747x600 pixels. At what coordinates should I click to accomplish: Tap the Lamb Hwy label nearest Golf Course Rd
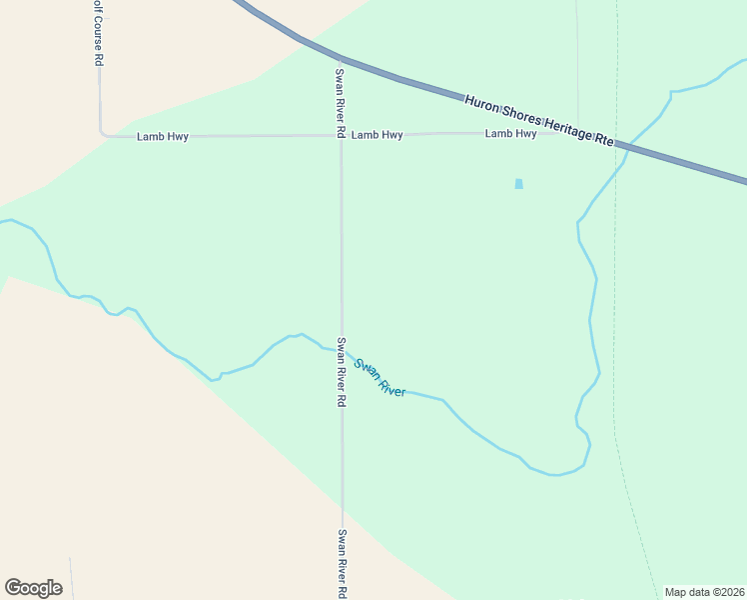pos(162,136)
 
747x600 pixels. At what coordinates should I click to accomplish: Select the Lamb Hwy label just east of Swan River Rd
pos(376,134)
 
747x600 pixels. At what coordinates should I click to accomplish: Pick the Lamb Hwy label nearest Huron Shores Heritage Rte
pos(510,133)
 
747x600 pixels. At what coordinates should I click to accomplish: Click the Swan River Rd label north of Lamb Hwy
pos(341,102)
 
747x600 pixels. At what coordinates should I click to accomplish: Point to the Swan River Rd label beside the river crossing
pos(341,371)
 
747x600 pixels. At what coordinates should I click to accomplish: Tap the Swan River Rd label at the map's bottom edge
pos(342,563)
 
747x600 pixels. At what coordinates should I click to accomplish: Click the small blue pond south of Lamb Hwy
pos(518,184)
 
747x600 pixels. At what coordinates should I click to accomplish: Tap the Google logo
pos(33,588)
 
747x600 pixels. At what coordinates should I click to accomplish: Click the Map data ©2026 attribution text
pos(704,592)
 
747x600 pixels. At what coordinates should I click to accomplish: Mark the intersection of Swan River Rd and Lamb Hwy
pos(341,135)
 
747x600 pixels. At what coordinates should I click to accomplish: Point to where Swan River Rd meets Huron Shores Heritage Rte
pos(340,57)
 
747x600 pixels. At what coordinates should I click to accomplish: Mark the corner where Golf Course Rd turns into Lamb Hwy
pos(101,132)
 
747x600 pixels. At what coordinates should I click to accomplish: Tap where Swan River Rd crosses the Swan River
pos(342,351)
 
